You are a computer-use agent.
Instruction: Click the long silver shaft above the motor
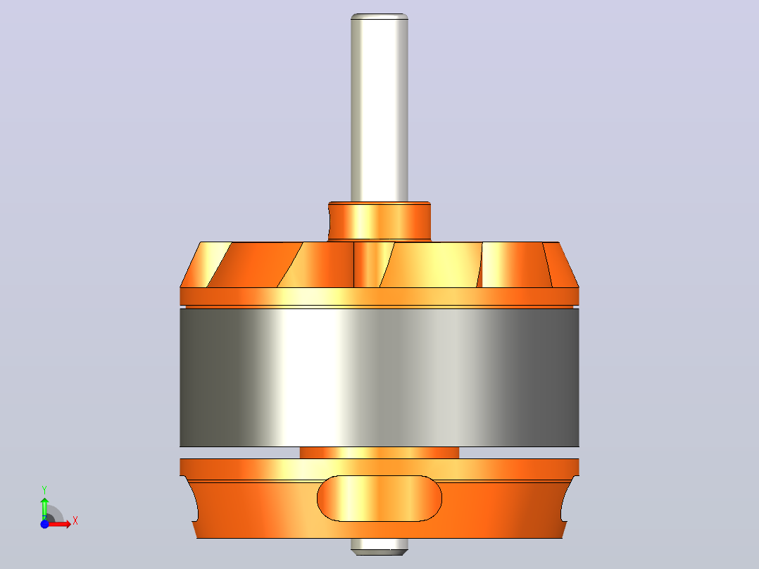coord(379,108)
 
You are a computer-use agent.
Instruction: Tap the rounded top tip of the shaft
coord(379,16)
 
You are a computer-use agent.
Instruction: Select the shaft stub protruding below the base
coord(379,546)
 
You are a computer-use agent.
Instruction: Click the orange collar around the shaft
coord(379,221)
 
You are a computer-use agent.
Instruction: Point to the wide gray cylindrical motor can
coord(379,377)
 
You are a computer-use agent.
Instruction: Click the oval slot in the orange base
coord(379,499)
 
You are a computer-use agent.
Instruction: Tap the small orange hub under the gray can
coord(379,453)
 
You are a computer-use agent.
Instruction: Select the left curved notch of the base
coord(192,499)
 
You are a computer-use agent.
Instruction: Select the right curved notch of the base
coord(567,499)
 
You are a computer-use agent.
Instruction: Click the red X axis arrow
coord(59,524)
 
